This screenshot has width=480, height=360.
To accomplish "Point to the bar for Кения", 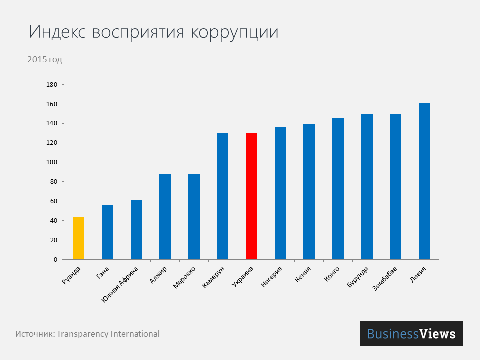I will point(309,192).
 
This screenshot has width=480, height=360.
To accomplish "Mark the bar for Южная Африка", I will point(136,230).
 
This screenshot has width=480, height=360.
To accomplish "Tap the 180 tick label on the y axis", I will point(52,85).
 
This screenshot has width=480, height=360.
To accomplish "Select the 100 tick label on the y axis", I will point(52,162).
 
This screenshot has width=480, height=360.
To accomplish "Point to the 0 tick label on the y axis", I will point(55,260).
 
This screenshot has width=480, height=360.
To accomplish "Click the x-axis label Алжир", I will point(159,275).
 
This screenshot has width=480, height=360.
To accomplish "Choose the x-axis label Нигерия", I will point(272,278).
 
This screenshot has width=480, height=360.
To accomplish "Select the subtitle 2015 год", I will point(45,60).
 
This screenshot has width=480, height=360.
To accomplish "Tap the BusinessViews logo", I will point(411,333).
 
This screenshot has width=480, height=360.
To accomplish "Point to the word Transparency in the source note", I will point(82,334).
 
